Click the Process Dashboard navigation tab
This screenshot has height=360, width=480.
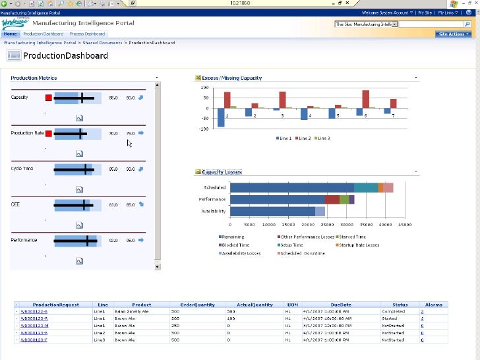click(x=87, y=34)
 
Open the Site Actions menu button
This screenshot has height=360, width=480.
click(x=453, y=34)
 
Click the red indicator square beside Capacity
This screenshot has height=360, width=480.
click(x=48, y=98)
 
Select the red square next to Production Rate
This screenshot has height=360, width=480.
click(x=48, y=133)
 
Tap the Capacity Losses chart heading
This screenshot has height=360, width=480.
click(x=222, y=172)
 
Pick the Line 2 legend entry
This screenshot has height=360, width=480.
click(x=303, y=138)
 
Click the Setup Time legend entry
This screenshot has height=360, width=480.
click(x=291, y=245)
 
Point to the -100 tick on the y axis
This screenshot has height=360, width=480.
click(x=204, y=129)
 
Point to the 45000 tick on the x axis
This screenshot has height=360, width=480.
click(x=404, y=224)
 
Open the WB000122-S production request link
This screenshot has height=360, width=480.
click(x=34, y=311)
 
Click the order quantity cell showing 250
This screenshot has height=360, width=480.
click(x=175, y=326)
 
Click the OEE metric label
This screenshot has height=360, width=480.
click(x=15, y=204)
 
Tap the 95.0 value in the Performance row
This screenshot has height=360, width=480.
click(x=131, y=240)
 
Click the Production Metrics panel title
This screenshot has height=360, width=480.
click(x=34, y=78)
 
